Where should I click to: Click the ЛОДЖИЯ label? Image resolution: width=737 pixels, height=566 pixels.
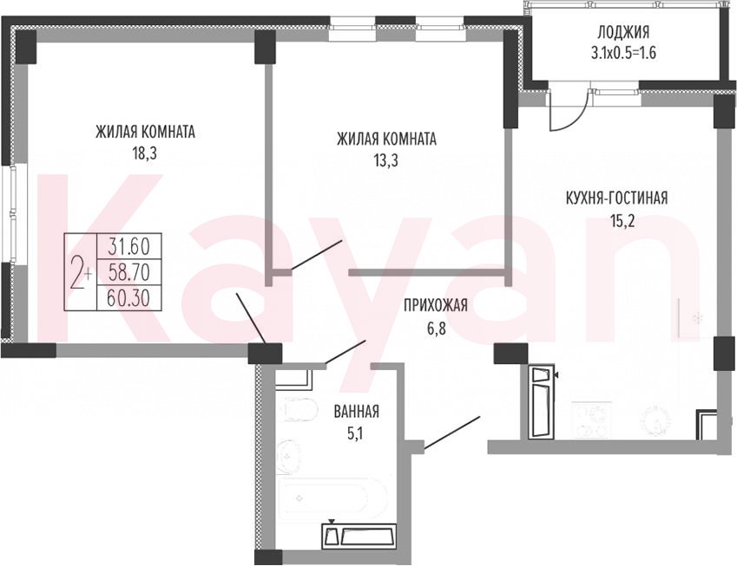[623, 32]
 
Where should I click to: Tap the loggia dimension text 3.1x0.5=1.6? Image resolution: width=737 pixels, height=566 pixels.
[623, 53]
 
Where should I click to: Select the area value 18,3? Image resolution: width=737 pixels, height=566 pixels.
[145, 154]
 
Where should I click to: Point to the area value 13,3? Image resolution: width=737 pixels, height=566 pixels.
[386, 161]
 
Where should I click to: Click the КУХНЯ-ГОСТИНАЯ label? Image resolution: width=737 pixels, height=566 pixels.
[616, 198]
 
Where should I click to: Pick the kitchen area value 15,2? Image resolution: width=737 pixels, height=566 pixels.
[623, 220]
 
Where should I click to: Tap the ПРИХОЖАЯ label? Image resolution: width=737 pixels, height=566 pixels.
[436, 305]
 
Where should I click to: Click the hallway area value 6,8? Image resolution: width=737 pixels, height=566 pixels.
[436, 328]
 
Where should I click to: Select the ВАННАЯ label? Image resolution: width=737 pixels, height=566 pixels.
[356, 412]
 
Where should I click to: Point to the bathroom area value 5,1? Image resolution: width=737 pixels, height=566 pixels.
[355, 433]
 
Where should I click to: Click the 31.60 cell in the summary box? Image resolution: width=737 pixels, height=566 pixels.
[128, 245]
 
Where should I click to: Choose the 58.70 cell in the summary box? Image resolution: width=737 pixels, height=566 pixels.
[128, 271]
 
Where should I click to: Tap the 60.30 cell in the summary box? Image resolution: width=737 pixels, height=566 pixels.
[128, 297]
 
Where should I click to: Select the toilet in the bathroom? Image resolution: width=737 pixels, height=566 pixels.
[299, 409]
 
